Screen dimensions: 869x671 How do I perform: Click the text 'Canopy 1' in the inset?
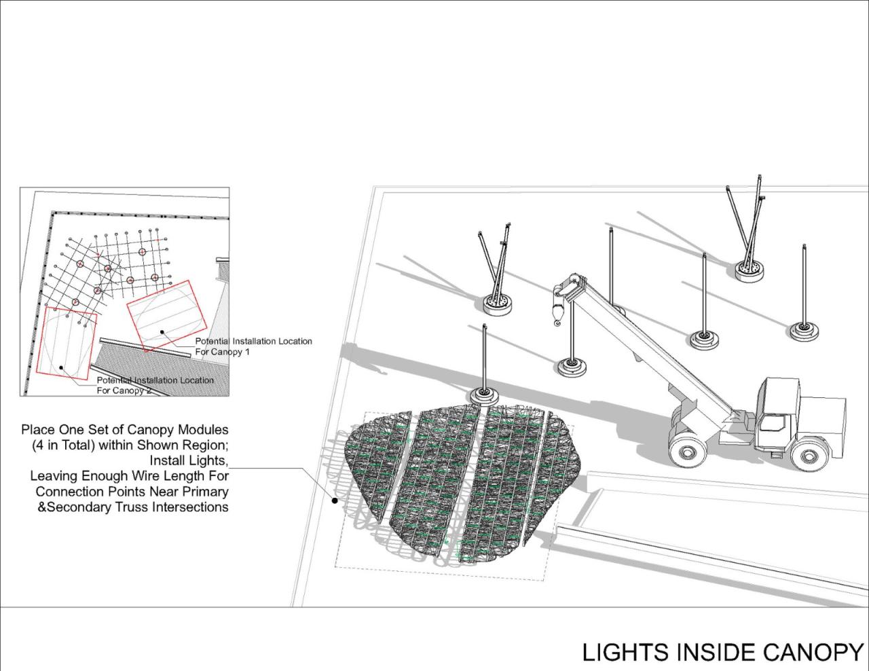point(231,352)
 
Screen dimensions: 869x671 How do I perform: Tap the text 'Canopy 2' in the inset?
point(133,391)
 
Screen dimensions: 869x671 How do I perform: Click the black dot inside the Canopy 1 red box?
point(162,331)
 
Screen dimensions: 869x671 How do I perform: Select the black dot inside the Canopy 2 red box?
point(61,367)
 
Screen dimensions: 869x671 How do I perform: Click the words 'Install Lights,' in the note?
point(189,460)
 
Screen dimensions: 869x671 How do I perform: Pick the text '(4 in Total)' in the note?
point(63,445)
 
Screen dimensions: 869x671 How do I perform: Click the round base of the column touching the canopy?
point(485,397)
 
